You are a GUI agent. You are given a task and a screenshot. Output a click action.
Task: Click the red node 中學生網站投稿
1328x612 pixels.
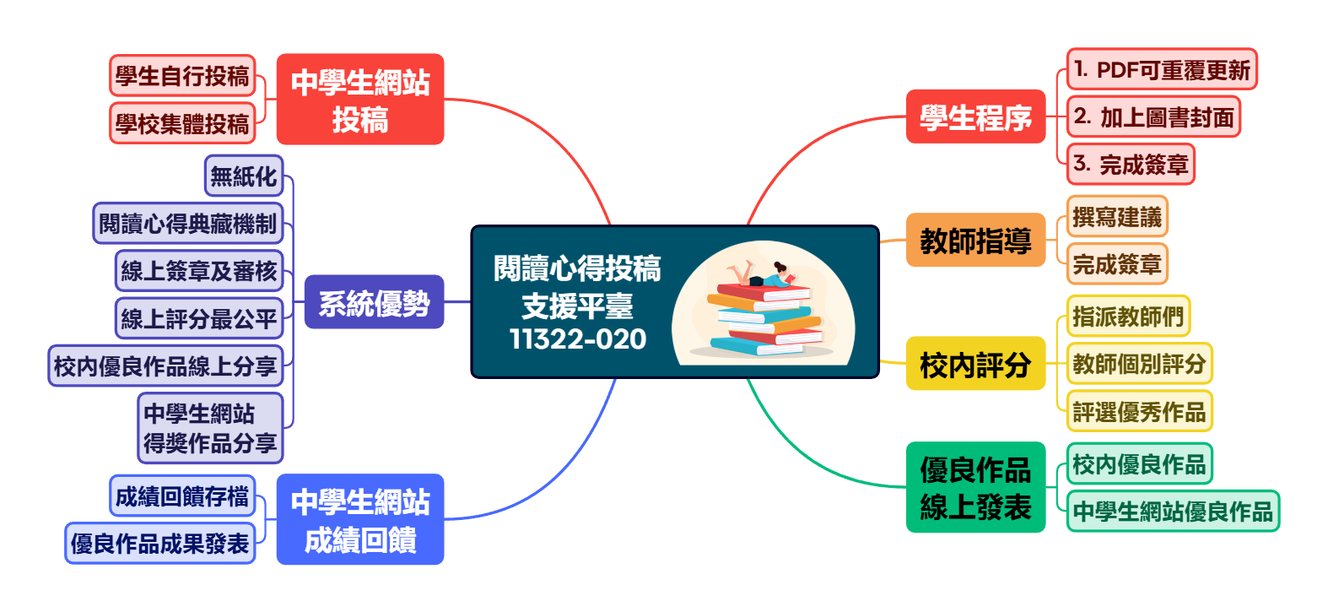pyautogui.click(x=360, y=100)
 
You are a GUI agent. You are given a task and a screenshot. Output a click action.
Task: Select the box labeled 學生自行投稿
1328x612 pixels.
pyautogui.click(x=182, y=76)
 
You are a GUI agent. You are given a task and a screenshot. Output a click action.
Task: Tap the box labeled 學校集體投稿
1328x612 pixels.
pyautogui.click(x=182, y=123)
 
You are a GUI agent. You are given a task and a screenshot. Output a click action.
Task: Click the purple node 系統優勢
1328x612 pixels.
pyautogui.click(x=374, y=301)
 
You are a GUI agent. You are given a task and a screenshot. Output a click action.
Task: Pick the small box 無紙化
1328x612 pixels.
pyautogui.click(x=244, y=176)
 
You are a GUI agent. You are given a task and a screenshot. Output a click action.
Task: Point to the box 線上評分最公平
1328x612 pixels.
pyautogui.click(x=199, y=318)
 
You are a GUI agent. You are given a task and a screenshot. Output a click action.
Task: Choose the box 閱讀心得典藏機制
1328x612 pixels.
pyautogui.click(x=188, y=224)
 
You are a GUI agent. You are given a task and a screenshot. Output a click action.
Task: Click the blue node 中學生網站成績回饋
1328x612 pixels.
pyautogui.click(x=360, y=519)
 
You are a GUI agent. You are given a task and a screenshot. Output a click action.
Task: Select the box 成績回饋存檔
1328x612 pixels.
pyautogui.click(x=182, y=496)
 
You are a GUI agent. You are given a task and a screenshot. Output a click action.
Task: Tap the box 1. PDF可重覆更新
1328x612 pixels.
pyautogui.click(x=1162, y=69)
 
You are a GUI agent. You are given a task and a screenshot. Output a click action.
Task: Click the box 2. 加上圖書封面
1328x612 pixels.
pyautogui.click(x=1153, y=116)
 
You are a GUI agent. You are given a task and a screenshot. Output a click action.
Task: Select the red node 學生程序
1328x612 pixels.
pyautogui.click(x=975, y=116)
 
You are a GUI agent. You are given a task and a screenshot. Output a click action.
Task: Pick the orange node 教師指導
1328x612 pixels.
pyautogui.click(x=975, y=241)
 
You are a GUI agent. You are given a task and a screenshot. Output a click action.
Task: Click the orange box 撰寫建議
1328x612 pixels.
pyautogui.click(x=1117, y=217)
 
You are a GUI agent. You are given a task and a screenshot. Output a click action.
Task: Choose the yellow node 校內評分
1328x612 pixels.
pyautogui.click(x=975, y=364)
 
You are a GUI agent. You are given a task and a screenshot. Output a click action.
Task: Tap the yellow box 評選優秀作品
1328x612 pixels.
pyautogui.click(x=1139, y=411)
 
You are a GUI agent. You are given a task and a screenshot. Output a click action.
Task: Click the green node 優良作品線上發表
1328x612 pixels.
pyautogui.click(x=975, y=487)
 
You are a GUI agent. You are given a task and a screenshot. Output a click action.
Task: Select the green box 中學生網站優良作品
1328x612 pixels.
pyautogui.click(x=1173, y=511)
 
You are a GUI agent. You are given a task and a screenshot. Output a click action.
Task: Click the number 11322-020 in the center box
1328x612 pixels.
pyautogui.click(x=578, y=338)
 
